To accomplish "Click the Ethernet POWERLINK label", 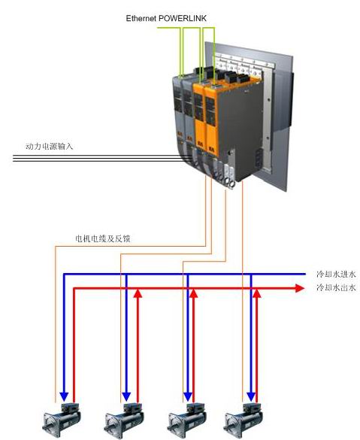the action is tap(166, 19).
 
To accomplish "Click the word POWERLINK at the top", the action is tap(183, 19).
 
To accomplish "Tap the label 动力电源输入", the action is tap(49, 146).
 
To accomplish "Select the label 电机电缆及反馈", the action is tap(103, 238).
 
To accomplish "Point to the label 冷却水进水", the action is tap(336, 274).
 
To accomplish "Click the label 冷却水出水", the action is tap(336, 287).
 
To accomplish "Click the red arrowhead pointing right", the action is tap(300, 288).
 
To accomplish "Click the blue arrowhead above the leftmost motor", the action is tap(64, 397).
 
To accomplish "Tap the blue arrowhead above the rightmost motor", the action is tap(251, 397).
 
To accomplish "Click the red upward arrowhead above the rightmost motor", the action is tap(257, 293).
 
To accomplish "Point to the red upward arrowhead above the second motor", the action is tap(138, 293).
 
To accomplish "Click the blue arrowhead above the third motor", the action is tap(188, 397).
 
